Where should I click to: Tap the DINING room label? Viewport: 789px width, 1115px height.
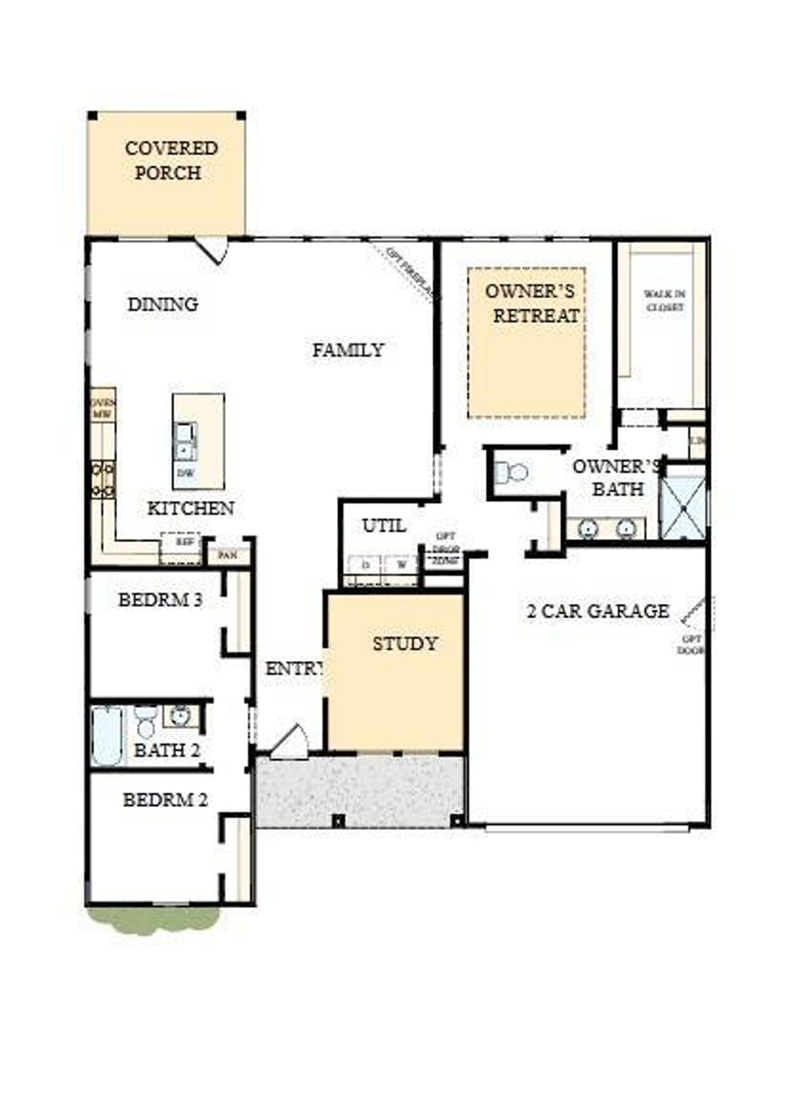tap(163, 304)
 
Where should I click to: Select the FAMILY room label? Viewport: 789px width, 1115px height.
tap(348, 350)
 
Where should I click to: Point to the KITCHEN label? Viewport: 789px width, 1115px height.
tap(190, 508)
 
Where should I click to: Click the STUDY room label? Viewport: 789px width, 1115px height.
tap(404, 643)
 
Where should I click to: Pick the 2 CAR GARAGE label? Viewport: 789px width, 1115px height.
tap(598, 611)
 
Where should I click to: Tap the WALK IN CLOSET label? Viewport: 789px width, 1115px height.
tap(664, 300)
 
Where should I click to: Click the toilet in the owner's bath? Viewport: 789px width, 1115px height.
tap(512, 473)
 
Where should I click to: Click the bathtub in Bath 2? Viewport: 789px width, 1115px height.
tap(107, 736)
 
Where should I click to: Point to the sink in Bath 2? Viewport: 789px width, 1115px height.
tap(180, 716)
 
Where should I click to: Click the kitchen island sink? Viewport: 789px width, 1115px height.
tap(185, 441)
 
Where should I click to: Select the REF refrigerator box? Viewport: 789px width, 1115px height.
tap(181, 546)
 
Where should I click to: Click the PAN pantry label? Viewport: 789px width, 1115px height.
tap(227, 555)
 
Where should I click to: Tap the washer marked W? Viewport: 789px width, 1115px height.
tap(401, 564)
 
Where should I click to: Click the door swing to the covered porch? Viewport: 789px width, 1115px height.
tap(213, 250)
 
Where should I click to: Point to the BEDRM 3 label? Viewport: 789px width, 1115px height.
tap(160, 599)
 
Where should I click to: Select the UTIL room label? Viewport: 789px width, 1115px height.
tap(383, 526)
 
